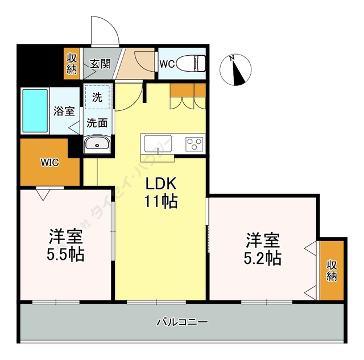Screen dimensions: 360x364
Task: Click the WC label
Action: pos(167,64)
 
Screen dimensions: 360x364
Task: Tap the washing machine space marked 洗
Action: pos(97,97)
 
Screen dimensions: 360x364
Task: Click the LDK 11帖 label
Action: pos(162,192)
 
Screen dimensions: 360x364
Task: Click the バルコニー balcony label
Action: pos(182,322)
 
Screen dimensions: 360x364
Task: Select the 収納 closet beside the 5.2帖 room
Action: pos(332,270)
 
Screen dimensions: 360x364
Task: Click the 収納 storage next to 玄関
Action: pos(72,64)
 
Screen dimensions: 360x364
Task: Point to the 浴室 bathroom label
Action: pos(64,111)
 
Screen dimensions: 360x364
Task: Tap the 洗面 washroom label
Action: pos(97,122)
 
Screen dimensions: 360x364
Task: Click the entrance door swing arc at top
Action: pos(105,31)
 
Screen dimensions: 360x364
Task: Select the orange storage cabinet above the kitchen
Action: pos(187,90)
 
